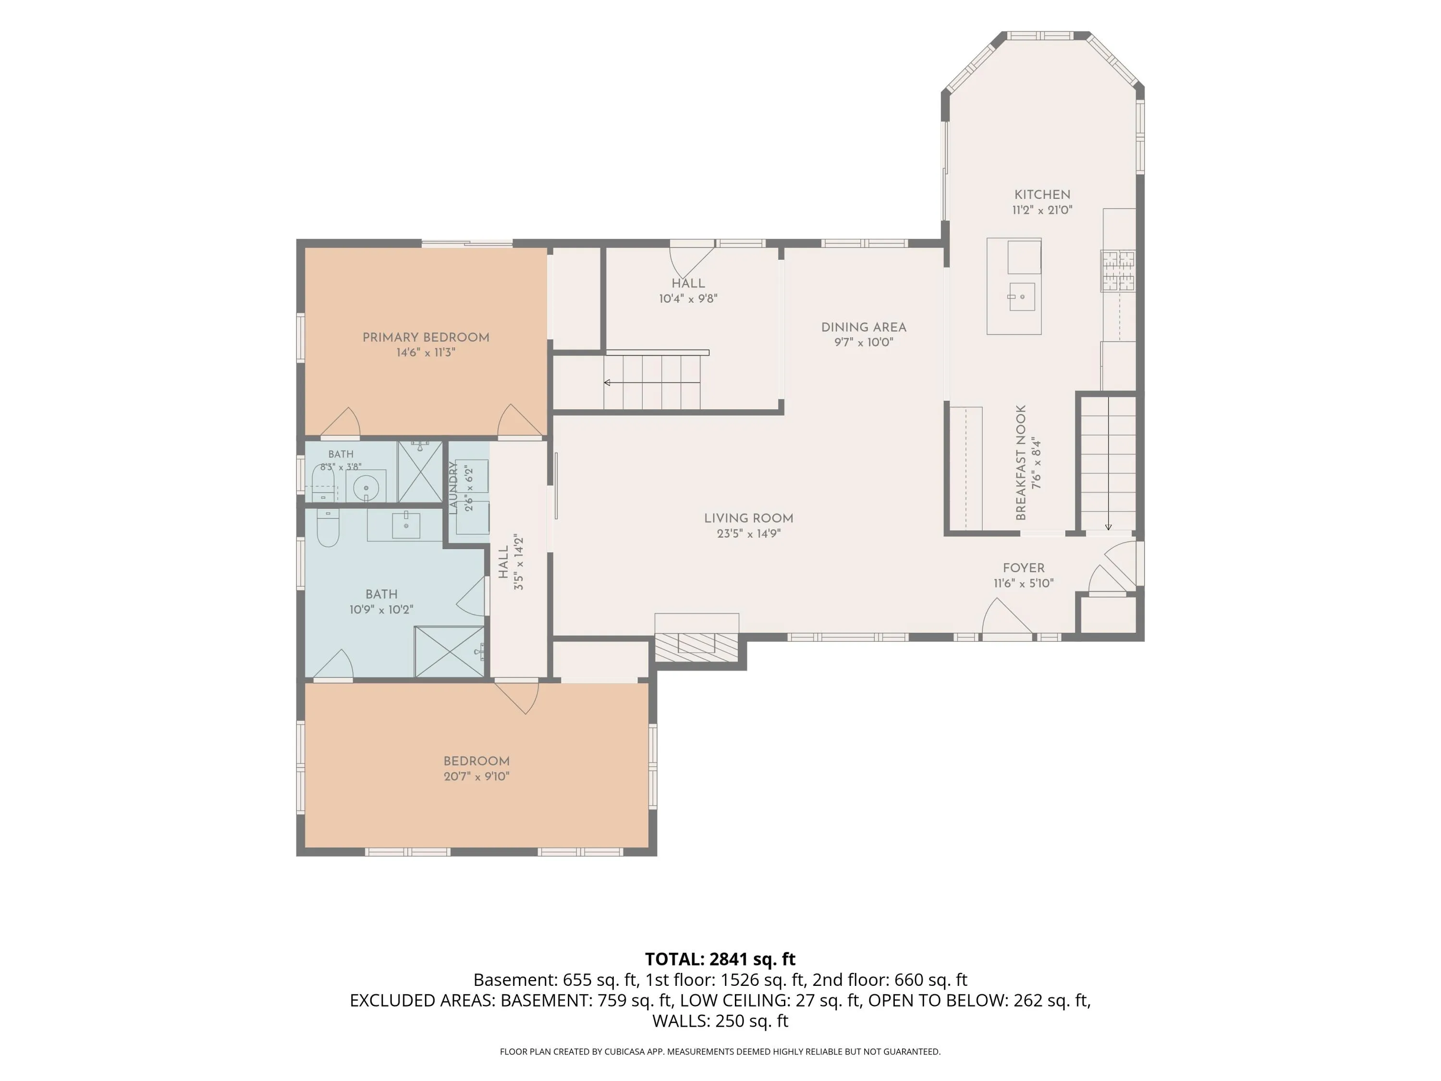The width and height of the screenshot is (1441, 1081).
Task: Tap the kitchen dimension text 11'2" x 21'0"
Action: coord(1042,210)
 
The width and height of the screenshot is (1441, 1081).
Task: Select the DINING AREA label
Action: coord(864,327)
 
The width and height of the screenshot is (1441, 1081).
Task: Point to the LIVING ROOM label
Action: coord(748,518)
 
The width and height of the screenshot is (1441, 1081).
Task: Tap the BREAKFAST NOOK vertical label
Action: coord(1021,463)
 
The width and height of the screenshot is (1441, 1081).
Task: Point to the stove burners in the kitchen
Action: coord(1118,270)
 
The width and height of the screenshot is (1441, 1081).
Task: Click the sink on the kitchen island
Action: coord(1022,296)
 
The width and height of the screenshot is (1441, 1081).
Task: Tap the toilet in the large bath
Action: coord(328,527)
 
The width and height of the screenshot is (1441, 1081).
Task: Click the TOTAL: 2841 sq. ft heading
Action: coord(720,959)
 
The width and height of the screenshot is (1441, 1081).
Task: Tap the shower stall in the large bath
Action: coord(450,651)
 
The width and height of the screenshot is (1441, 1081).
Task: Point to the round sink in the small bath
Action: coord(366,487)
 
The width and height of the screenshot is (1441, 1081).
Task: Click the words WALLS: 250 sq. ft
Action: coord(720,1020)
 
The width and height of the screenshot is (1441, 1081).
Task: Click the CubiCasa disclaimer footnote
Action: coord(720,1051)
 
